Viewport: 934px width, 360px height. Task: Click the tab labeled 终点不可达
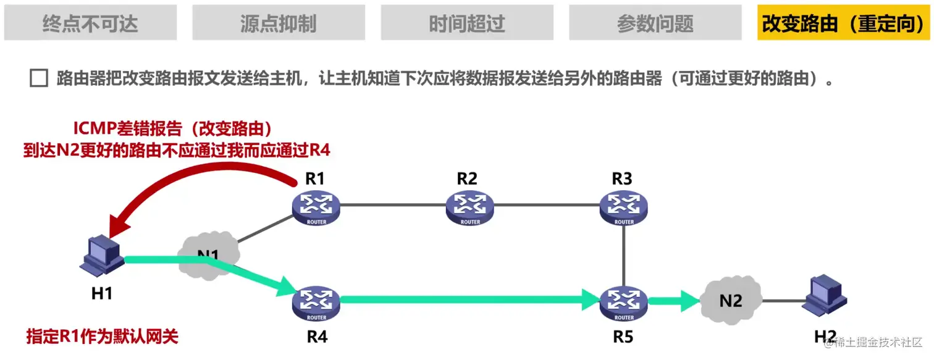point(90,23)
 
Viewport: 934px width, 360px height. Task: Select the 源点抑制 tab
point(279,23)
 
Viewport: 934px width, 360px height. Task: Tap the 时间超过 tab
point(467,23)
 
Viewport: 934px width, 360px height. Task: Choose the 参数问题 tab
point(655,23)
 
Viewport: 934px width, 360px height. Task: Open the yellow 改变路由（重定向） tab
point(844,23)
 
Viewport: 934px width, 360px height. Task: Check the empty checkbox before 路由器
point(39,79)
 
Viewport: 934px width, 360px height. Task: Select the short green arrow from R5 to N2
point(674,302)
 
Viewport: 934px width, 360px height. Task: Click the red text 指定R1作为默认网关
point(102,337)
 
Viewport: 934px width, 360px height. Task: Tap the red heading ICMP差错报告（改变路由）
point(174,129)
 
